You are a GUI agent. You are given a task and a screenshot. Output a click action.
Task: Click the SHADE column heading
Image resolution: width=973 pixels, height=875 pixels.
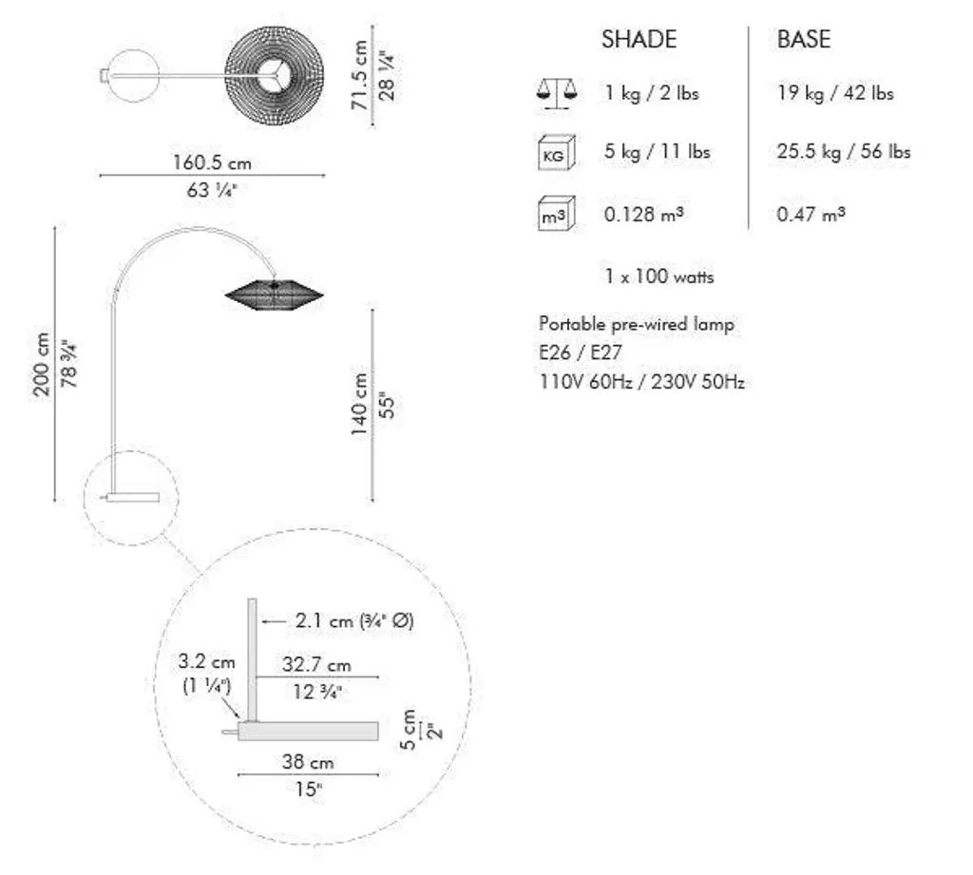tap(639, 39)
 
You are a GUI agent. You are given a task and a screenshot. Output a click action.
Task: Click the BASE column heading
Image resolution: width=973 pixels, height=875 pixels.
tap(804, 39)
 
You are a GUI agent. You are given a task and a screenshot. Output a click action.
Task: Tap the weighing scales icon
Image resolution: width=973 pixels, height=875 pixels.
tap(557, 94)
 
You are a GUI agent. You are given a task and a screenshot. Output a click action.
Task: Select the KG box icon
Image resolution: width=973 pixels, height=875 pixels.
tap(557, 153)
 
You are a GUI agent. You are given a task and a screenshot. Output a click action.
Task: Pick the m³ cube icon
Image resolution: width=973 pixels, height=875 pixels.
tap(557, 214)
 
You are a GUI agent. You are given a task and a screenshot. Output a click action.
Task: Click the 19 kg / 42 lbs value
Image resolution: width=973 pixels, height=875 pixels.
tap(835, 93)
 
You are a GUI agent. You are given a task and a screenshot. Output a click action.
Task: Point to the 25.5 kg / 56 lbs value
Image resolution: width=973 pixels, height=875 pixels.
tap(844, 151)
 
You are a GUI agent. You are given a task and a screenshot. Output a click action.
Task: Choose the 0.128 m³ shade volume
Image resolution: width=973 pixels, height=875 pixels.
tap(644, 214)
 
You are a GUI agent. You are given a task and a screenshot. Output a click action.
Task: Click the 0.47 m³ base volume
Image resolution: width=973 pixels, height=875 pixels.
tap(811, 214)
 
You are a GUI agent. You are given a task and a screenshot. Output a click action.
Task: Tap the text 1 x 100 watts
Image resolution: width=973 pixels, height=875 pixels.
tap(659, 276)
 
